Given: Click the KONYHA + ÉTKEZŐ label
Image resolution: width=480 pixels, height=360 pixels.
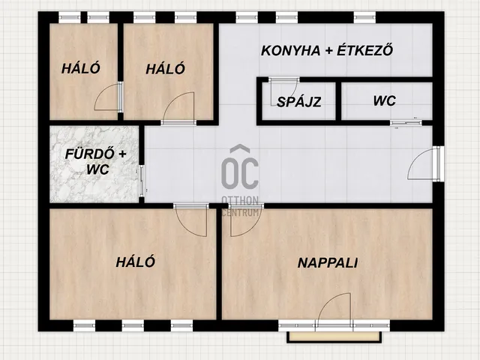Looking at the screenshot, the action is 327,51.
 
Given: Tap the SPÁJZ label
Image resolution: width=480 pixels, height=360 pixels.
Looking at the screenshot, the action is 298,102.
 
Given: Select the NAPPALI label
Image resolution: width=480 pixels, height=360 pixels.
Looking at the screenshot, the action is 328,263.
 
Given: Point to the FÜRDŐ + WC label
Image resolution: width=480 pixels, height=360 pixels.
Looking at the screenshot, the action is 96,161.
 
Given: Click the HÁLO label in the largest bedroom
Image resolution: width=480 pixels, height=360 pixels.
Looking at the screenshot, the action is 135,262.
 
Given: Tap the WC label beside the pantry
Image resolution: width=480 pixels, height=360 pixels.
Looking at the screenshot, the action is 385,100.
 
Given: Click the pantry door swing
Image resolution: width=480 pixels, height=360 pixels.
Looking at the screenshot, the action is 283,91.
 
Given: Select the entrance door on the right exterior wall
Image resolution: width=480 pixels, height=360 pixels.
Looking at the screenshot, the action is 425,163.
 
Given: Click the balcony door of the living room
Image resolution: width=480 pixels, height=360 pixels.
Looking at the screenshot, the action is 334,310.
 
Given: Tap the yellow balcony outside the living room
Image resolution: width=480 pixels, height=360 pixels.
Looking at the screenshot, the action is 334,337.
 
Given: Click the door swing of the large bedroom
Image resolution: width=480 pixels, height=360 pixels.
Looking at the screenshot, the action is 190,220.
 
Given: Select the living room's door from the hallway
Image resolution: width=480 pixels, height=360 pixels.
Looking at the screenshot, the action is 245,220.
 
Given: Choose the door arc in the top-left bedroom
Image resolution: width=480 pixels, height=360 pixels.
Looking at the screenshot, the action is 108,96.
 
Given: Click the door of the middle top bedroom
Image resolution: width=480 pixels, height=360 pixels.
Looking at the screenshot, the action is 178,108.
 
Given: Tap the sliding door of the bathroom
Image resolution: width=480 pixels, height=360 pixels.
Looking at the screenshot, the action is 142,181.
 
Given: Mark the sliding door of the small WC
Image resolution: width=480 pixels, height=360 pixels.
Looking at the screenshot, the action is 406,123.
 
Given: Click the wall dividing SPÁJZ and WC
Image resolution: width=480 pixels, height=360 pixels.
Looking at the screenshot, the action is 338,101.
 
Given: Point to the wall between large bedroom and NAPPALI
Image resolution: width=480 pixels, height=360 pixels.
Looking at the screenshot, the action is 219,264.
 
